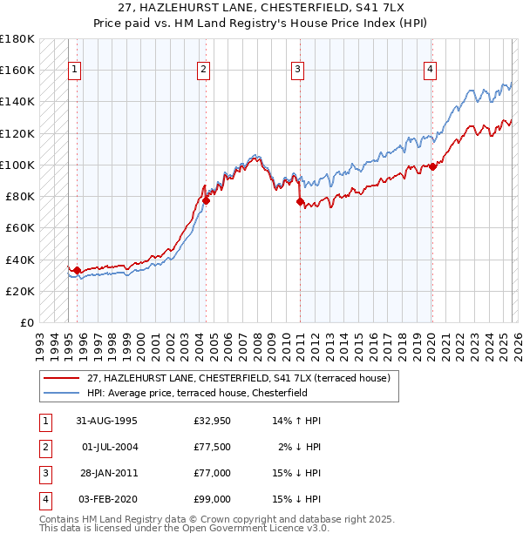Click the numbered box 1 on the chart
74,71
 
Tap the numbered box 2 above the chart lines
203,71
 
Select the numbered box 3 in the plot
297,71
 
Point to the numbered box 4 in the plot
430,71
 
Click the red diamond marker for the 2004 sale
207,201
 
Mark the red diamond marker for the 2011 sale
300,202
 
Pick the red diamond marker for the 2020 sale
432,167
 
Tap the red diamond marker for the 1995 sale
78,271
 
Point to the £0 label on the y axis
27,323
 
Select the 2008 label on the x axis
257,348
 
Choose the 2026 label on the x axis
518,348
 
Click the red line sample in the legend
62,378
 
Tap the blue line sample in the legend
62,393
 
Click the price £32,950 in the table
212,421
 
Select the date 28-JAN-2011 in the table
109,473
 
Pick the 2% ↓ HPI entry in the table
299,447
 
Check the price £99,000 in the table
212,499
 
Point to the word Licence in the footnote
284,529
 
